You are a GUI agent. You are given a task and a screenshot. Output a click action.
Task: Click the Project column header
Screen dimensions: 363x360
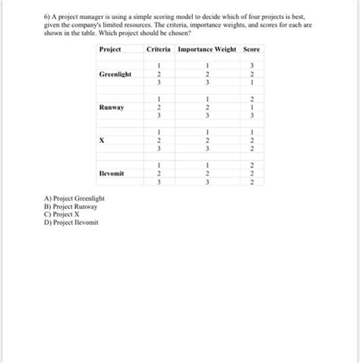click(110, 49)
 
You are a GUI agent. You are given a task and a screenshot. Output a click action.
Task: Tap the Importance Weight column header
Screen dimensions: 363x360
click(206, 49)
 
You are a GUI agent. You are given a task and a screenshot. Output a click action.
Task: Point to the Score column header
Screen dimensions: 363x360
click(251, 49)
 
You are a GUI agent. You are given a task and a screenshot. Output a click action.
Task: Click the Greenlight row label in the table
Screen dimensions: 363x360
click(115, 74)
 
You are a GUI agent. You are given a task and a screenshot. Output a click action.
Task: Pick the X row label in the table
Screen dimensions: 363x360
click(101, 140)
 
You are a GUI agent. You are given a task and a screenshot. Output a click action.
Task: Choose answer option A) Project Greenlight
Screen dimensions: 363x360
click(74, 199)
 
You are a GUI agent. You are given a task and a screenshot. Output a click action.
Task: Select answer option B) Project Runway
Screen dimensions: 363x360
click(71, 207)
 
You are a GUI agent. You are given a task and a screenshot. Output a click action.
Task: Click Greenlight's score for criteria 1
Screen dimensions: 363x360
click(251, 66)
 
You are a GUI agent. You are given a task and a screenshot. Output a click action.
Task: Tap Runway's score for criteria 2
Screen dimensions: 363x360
click(251, 107)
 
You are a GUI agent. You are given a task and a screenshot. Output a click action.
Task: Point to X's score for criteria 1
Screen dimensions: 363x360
click(251, 132)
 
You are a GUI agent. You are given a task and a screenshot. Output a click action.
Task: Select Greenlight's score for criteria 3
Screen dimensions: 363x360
click(251, 83)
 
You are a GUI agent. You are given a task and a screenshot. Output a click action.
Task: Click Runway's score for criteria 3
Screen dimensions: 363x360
click(251, 115)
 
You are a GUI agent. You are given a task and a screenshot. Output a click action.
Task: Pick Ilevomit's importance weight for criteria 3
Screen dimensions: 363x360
click(206, 182)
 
